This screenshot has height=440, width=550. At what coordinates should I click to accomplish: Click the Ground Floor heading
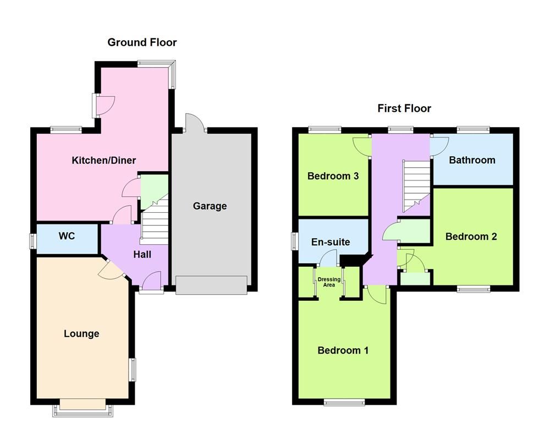[142, 42]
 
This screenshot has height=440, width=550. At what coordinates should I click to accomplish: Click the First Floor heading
[404, 108]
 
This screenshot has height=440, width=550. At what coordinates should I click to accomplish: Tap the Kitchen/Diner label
[104, 161]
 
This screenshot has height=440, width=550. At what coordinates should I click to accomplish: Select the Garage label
[210, 206]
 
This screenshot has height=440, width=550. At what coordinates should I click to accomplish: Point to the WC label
[67, 236]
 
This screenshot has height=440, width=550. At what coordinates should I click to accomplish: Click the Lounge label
[81, 334]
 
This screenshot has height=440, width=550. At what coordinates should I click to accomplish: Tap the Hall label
[142, 255]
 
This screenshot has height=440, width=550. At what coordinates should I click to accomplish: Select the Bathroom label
[472, 160]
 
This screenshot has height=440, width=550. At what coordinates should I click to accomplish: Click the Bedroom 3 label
[333, 176]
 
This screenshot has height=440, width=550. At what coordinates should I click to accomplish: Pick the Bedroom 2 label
[471, 237]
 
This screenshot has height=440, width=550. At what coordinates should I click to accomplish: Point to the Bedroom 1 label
[343, 350]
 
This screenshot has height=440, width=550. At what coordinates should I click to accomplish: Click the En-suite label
[330, 242]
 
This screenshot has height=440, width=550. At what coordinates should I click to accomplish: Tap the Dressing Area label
[329, 282]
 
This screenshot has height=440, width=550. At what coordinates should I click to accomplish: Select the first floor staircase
[416, 184]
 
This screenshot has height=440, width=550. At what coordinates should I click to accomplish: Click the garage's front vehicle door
[211, 285]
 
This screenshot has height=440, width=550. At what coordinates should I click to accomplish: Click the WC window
[33, 241]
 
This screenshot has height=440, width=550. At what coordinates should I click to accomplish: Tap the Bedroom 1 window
[344, 403]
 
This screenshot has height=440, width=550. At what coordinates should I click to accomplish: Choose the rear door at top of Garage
[195, 124]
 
